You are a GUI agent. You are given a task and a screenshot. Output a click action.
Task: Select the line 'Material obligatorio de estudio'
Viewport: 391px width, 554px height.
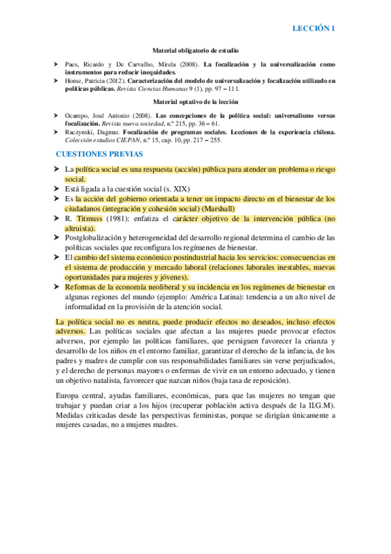click(195, 50)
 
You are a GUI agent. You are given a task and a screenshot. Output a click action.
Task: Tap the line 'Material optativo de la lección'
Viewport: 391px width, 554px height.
click(195, 103)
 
